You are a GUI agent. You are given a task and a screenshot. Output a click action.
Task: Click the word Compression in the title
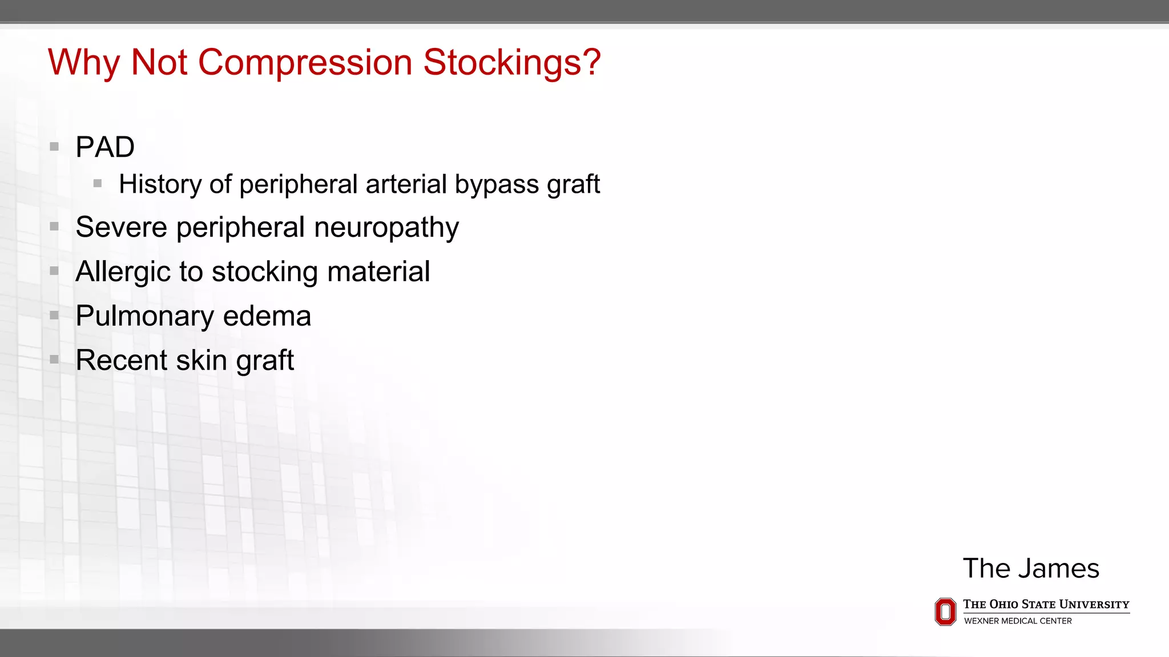click(305, 62)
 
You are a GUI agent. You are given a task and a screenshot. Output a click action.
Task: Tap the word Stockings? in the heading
click(512, 62)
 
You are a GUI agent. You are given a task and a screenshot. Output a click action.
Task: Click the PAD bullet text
click(105, 147)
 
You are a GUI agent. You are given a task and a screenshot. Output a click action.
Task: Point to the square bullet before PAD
click(54, 147)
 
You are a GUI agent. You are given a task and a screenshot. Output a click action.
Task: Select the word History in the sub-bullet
click(160, 184)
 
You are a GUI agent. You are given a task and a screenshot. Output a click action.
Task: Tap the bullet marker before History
click(98, 184)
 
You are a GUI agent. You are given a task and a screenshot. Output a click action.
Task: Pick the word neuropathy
click(386, 228)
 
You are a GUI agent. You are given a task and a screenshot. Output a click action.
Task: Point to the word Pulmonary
click(144, 317)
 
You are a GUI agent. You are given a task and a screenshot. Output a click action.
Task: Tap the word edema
click(267, 316)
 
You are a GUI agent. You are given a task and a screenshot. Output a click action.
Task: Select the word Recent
click(122, 360)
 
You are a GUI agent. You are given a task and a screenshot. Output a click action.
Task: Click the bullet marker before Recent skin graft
click(54, 359)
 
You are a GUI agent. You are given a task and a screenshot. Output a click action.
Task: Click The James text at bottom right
click(1031, 569)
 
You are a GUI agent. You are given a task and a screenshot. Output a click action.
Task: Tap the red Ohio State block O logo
click(945, 611)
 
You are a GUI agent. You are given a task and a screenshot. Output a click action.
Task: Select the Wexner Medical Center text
click(1018, 621)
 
